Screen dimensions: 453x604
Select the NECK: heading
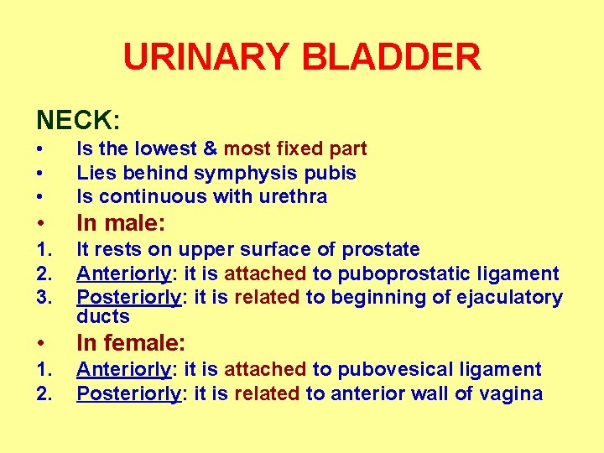78,120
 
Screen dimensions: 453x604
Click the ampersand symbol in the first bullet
209,148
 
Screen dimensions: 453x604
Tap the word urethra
297,196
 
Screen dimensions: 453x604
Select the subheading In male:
121,223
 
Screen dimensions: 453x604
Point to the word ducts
103,316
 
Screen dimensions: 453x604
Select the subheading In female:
131,342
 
